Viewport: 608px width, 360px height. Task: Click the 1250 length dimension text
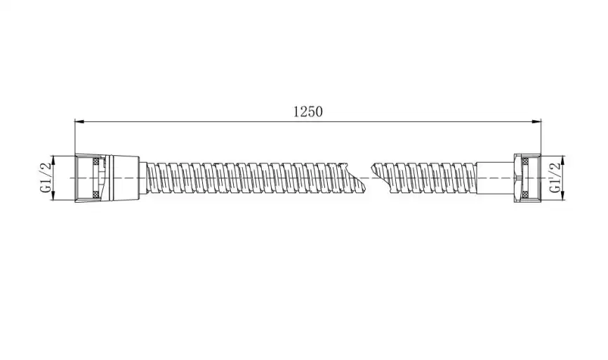pos(308,112)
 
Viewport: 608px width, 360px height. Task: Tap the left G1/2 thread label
pos(46,178)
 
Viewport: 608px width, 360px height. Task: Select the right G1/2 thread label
pos(555,178)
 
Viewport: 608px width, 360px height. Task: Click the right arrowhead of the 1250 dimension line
pos(536,121)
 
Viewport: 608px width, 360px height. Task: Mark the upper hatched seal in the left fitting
pos(95,161)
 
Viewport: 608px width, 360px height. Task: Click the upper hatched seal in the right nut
pos(525,161)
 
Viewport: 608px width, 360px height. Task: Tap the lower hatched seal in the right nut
pos(525,194)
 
